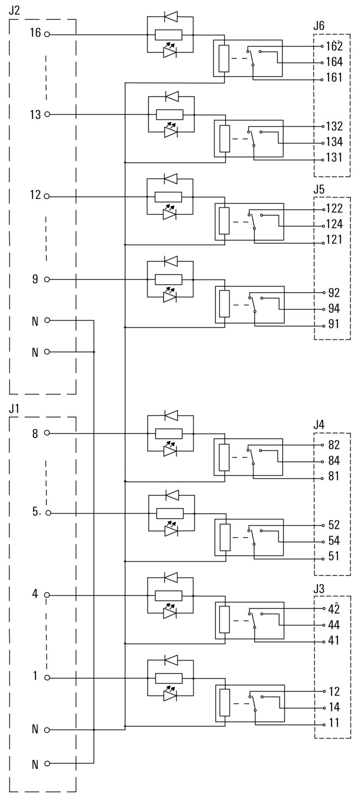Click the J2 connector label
coord(14,10)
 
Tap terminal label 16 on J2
coord(35,33)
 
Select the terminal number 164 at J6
coord(334,62)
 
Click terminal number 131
coord(334,158)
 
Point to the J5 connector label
coord(319,189)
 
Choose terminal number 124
coord(334,224)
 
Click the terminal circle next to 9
coord(47,280)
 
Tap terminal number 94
coord(334,309)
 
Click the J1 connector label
coord(14,409)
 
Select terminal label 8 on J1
coord(35,434)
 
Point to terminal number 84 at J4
coord(334,461)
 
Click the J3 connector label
coord(319,589)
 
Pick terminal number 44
coord(334,625)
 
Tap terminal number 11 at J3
coord(334,723)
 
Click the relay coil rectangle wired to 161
coord(224,59)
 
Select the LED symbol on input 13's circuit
coord(171,132)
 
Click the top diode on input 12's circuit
coord(170,179)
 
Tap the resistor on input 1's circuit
coord(169,678)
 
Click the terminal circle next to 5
coord(49,513)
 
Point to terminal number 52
coord(334,525)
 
